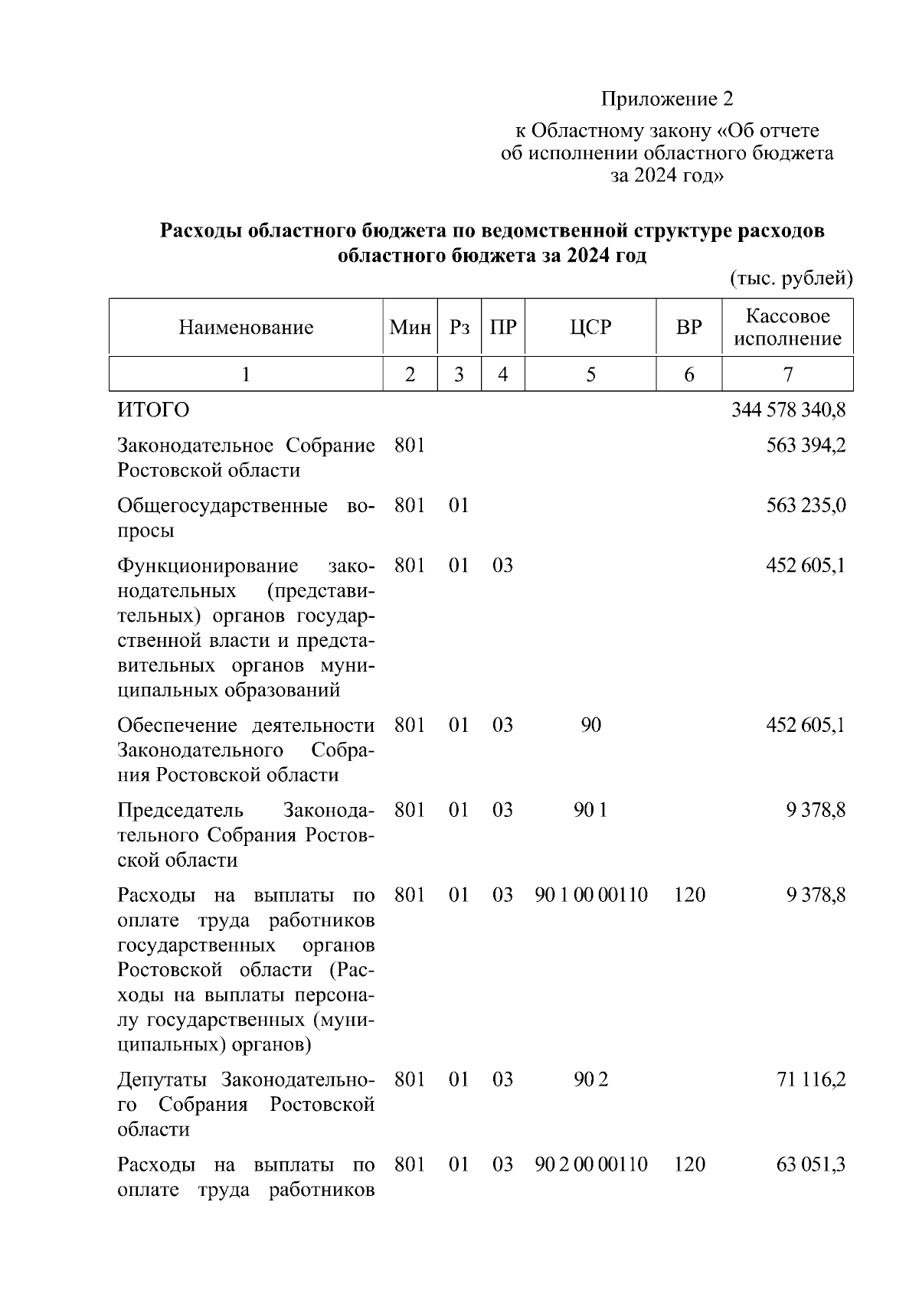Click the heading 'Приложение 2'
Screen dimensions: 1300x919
pos(666,99)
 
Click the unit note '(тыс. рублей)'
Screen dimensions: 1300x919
pos(791,278)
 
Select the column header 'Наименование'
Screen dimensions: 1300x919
pos(246,328)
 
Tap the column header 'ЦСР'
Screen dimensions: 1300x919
pos(590,328)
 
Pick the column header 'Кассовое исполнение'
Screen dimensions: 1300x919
pos(787,328)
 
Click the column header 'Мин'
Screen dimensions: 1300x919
pos(410,328)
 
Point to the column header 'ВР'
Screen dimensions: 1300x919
pos(688,328)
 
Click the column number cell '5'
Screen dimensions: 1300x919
pos(590,374)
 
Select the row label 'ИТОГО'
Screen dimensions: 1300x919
pos(153,410)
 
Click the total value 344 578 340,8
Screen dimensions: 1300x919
pos(788,410)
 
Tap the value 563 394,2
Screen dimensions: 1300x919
pos(806,446)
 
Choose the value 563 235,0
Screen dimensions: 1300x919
pos(806,506)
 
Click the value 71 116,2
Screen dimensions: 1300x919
pos(810,1080)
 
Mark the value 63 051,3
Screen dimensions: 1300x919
pos(810,1165)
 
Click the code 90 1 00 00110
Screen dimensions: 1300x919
pos(590,895)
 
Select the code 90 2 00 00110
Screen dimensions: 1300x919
pos(590,1165)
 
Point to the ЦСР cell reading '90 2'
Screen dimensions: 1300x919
pos(590,1080)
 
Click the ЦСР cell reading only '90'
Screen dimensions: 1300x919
pos(590,725)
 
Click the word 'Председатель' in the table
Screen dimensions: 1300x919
pos(180,810)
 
